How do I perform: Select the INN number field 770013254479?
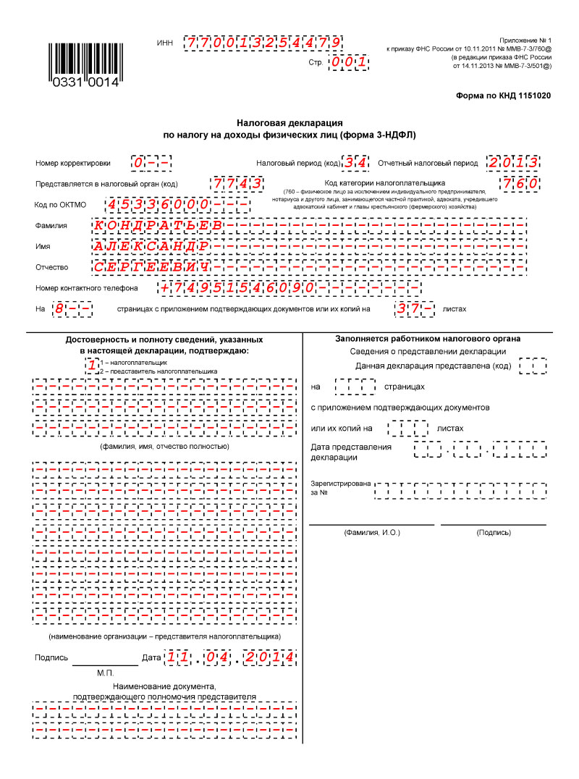pyautogui.click(x=263, y=43)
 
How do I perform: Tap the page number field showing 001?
pyautogui.click(x=348, y=64)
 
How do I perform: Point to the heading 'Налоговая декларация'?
pyautogui.click(x=289, y=123)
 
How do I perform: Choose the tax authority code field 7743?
pyautogui.click(x=236, y=183)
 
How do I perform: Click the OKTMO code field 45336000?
pyautogui.click(x=178, y=205)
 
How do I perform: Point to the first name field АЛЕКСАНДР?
pyautogui.click(x=151, y=246)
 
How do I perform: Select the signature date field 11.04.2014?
pyautogui.click(x=229, y=657)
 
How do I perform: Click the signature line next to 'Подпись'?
pyautogui.click(x=105, y=660)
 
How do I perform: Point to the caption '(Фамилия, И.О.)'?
pyautogui.click(x=372, y=532)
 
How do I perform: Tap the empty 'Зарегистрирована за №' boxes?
pyautogui.click(x=460, y=490)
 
